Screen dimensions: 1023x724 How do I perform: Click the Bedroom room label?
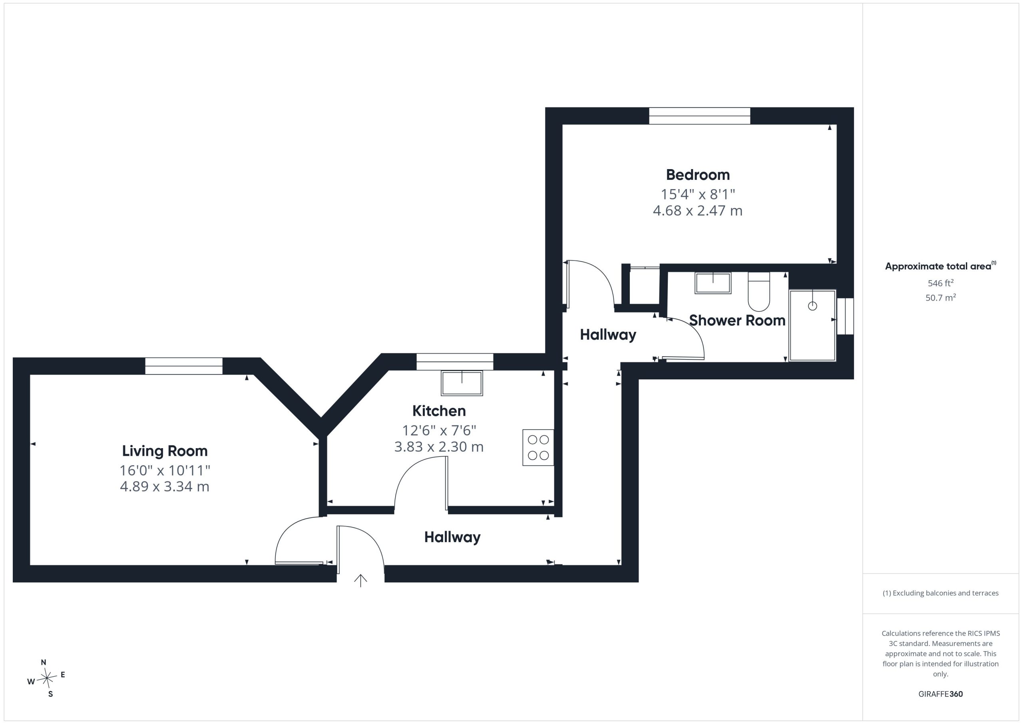point(698,175)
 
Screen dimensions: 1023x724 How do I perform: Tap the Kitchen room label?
point(439,411)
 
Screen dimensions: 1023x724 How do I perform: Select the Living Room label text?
point(165,451)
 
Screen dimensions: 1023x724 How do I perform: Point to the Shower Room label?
point(737,321)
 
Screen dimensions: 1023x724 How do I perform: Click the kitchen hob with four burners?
point(538,448)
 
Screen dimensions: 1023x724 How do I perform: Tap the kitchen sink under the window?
point(462,383)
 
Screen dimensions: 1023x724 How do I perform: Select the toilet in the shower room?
point(759,291)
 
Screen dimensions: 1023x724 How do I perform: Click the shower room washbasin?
point(713,283)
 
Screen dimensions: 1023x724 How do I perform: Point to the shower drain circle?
point(812,306)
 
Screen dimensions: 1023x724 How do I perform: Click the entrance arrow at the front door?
point(360,580)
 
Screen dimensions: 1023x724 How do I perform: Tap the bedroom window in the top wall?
point(700,116)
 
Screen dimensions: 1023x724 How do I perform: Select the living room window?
point(183,366)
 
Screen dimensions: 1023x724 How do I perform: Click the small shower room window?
point(845,316)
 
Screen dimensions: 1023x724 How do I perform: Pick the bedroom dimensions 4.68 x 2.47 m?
point(698,210)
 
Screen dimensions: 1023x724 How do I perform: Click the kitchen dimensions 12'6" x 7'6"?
point(439,430)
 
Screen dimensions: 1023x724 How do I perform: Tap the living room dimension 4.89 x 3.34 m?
point(165,487)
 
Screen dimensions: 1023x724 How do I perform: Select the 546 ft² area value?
point(941,283)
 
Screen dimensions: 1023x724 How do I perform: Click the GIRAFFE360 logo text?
point(941,694)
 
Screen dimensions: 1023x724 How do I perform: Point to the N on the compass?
point(44,662)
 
